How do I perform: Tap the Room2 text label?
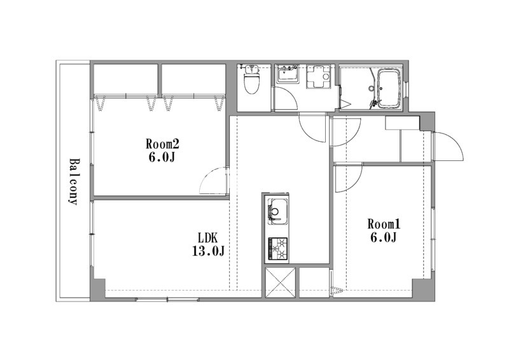(x=162, y=144)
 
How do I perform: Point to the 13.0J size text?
(x=208, y=251)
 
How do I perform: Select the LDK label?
(x=208, y=239)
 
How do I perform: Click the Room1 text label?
(x=384, y=224)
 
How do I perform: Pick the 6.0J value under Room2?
(x=162, y=158)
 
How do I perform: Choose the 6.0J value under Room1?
(x=384, y=238)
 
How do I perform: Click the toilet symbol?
(x=250, y=79)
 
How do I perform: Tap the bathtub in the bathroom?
(x=388, y=88)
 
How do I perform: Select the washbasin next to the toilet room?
(x=288, y=74)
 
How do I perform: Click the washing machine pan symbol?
(x=319, y=76)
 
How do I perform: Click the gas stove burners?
(x=278, y=249)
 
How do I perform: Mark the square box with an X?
(x=281, y=282)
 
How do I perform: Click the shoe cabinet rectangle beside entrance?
(x=403, y=123)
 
